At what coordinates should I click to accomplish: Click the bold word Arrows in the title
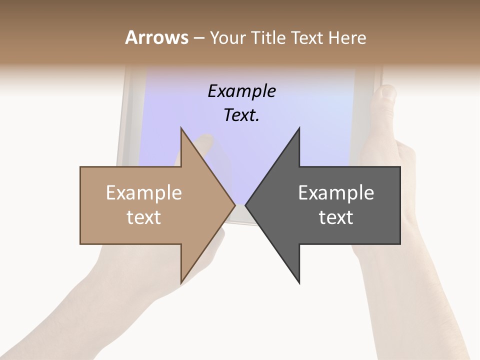pyautogui.click(x=156, y=37)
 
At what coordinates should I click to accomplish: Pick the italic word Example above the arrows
pyautogui.click(x=241, y=91)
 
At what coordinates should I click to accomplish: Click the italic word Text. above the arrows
pyautogui.click(x=241, y=115)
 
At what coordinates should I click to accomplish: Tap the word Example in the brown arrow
pyautogui.click(x=143, y=193)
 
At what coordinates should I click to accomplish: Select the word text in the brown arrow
pyautogui.click(x=143, y=217)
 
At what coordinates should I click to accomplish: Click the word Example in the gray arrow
pyautogui.click(x=336, y=193)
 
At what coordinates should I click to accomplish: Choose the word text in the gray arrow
pyautogui.click(x=336, y=217)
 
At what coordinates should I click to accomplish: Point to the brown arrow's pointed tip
pyautogui.click(x=233, y=205)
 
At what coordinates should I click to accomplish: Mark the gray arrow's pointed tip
pyautogui.click(x=247, y=205)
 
